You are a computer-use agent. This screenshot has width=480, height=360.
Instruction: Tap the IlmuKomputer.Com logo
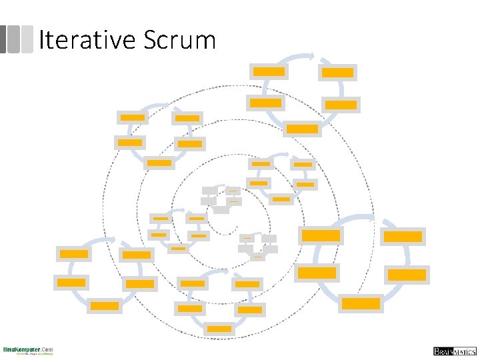[28, 351]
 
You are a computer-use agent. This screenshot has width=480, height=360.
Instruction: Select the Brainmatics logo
[453, 351]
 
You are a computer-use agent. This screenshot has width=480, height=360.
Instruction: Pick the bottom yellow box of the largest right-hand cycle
[361, 303]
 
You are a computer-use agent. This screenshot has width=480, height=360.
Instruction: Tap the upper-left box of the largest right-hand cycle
[321, 235]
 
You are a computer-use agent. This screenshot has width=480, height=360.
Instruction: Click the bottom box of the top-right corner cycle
[303, 129]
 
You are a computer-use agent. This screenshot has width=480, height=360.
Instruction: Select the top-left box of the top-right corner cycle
[269, 71]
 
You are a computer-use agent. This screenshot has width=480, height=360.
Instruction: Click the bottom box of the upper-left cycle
[159, 163]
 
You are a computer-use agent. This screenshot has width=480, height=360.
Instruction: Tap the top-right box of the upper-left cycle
[187, 118]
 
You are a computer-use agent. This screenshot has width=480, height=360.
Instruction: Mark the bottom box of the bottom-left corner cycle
[105, 306]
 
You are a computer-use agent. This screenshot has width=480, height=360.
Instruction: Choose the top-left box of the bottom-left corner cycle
[74, 253]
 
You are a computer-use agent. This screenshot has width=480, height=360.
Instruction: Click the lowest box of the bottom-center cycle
[219, 329]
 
